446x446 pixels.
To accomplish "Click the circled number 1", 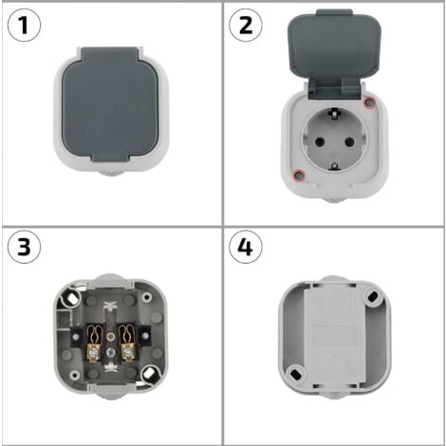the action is point(24,25).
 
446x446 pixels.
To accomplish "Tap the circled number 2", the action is point(246,25).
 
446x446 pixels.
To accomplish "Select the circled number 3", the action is point(24,247).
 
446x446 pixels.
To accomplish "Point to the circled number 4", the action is point(246,247).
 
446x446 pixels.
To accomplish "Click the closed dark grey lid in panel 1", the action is point(110,104).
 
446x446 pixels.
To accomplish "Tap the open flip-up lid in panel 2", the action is point(335,54).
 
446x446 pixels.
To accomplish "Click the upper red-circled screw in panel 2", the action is point(368,102).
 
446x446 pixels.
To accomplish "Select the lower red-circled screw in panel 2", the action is point(299,175).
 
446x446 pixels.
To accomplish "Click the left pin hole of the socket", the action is point(320,141).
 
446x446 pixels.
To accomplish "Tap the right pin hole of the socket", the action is point(349,141).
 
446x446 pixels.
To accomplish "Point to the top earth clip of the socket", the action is point(333,113).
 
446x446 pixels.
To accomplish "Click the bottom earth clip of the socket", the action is point(334,166).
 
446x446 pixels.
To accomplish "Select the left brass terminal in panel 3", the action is point(94,344).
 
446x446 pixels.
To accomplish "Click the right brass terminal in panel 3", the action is point(127,344).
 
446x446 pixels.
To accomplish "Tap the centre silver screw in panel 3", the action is point(110,351).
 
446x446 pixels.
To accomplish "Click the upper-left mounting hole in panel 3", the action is point(72,296).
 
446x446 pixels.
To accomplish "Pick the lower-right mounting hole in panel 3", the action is point(148,374).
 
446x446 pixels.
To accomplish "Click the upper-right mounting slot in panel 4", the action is point(372,297).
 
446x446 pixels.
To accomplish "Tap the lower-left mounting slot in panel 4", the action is point(296,374).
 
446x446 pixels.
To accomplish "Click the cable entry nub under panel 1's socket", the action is point(110,173).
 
